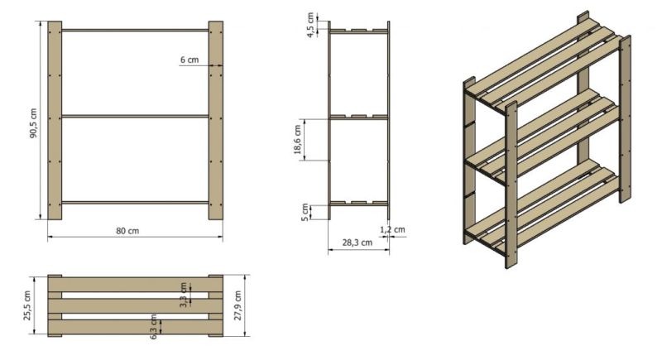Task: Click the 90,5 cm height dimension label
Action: (x=34, y=122)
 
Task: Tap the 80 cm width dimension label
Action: (x=127, y=231)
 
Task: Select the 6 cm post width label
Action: (x=189, y=60)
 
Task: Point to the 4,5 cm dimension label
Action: (x=311, y=26)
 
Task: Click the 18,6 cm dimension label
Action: (x=298, y=140)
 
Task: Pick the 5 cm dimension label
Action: (x=305, y=213)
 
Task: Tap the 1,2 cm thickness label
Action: (x=392, y=229)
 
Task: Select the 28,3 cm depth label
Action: (x=357, y=242)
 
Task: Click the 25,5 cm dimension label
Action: (x=27, y=305)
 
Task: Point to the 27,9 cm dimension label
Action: (x=237, y=305)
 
